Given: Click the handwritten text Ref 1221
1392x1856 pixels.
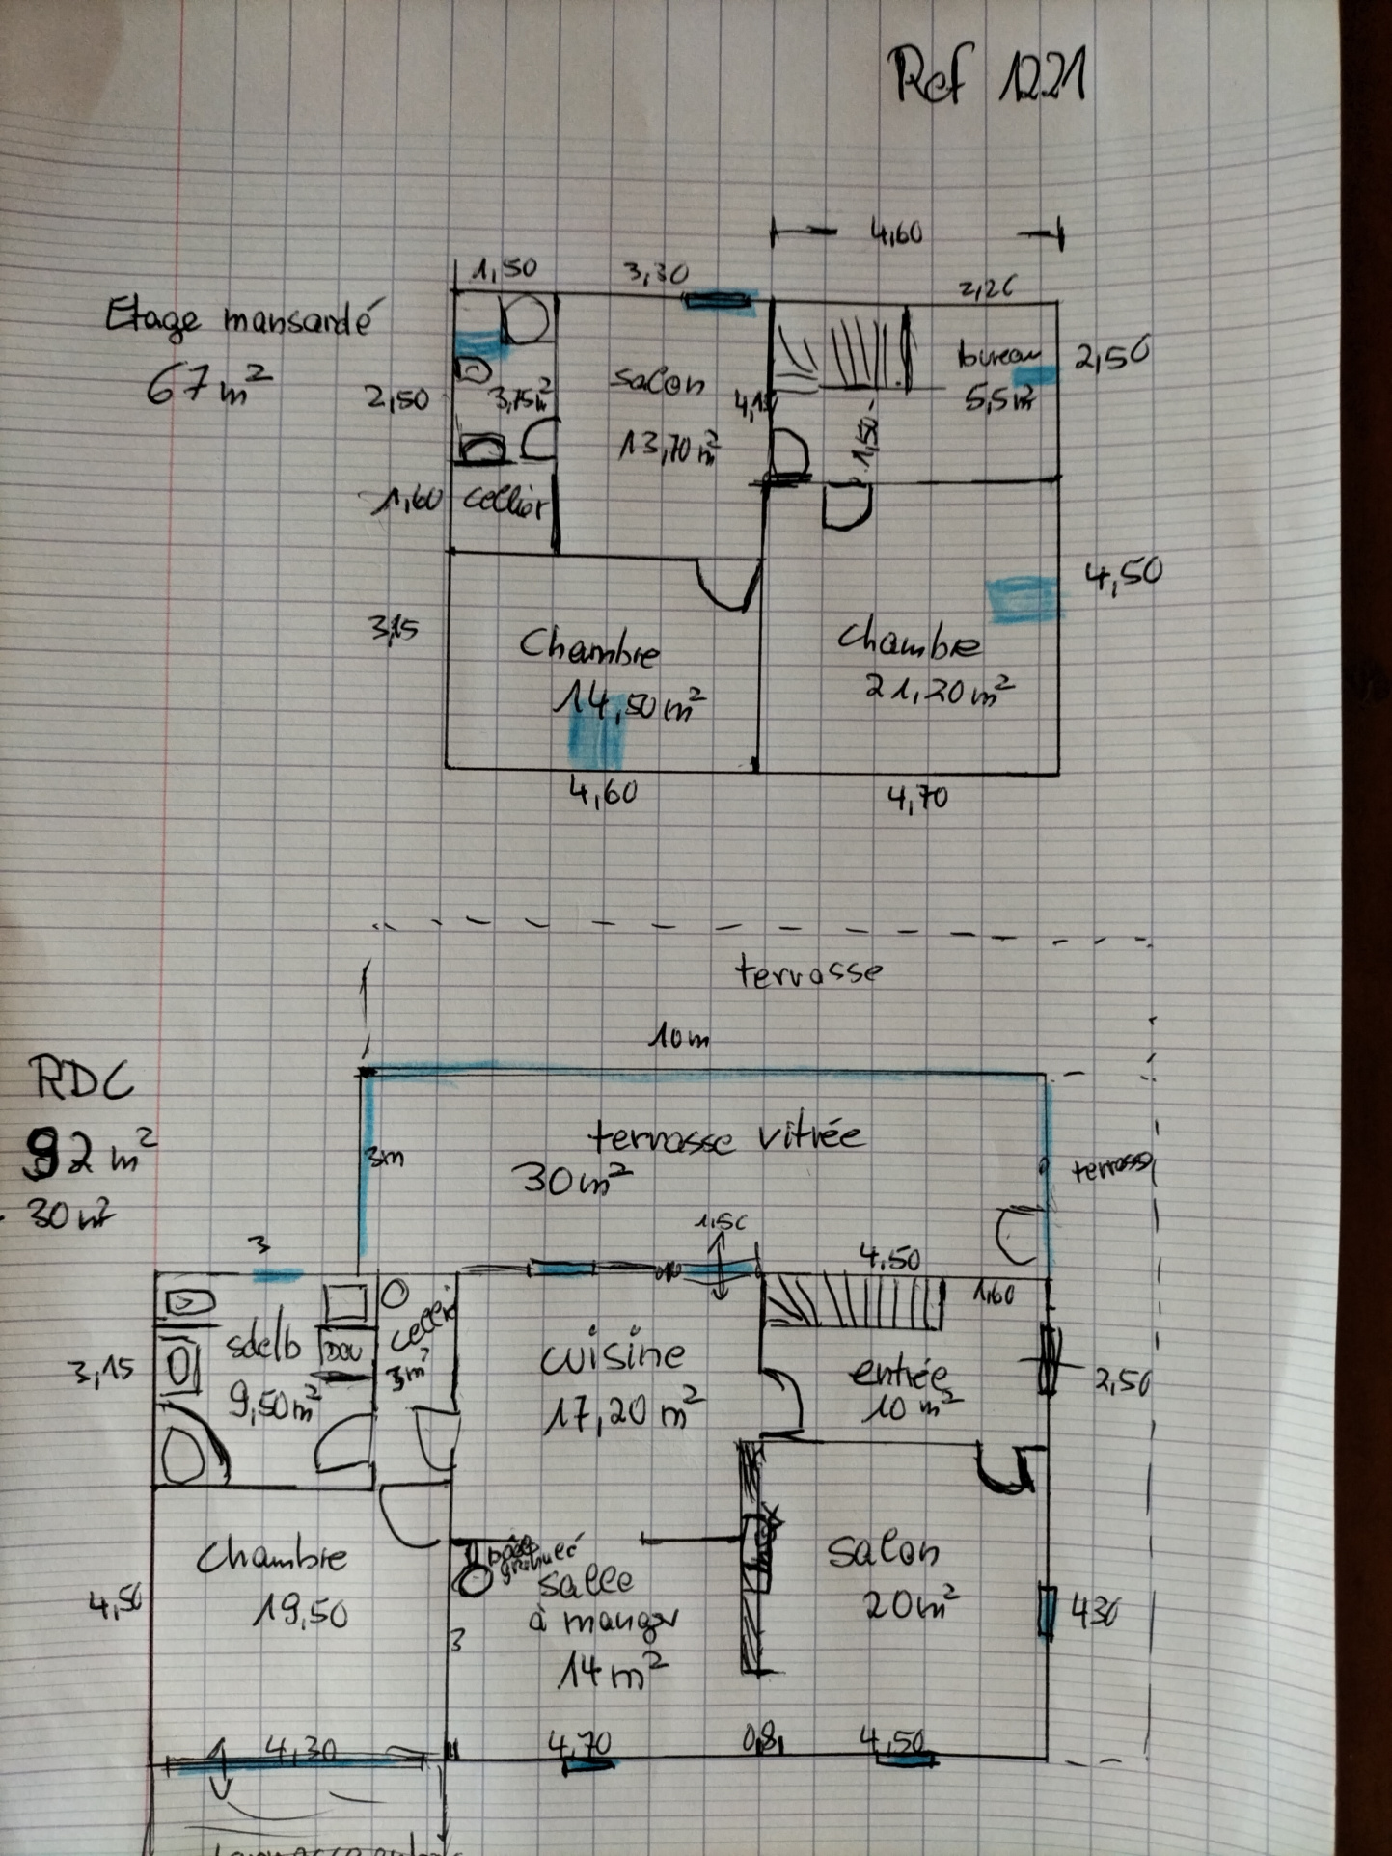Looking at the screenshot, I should coord(990,77).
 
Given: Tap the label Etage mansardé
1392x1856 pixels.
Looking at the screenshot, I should coord(237,318).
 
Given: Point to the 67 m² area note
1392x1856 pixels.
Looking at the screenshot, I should coord(207,384).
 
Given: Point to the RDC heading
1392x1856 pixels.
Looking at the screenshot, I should coord(81,1080).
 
